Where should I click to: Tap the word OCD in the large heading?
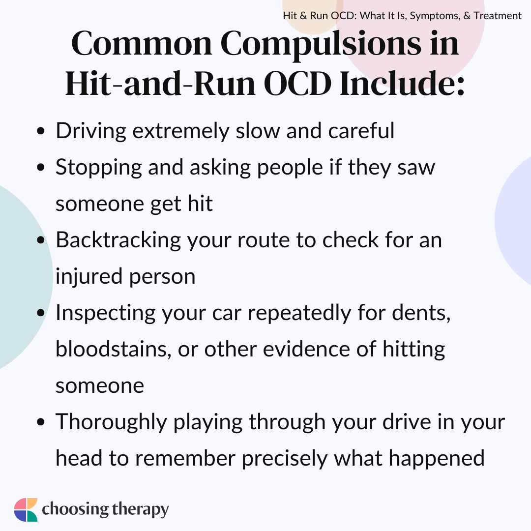297,84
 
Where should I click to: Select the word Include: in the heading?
402,83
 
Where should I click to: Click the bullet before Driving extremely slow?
41,131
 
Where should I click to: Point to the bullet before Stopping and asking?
41,167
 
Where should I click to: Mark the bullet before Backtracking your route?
41,240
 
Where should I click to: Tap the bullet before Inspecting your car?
41,313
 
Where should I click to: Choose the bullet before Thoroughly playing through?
41,422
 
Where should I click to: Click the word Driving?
91,131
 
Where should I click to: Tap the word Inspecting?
106,313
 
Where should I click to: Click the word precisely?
285,459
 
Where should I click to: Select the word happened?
437,459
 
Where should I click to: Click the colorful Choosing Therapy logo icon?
26,510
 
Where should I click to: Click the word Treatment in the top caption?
498,16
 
